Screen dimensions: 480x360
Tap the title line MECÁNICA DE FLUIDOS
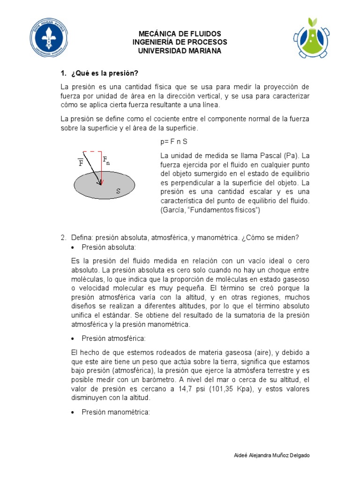[x=180, y=34]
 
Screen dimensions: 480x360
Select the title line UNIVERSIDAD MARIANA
[x=180, y=51]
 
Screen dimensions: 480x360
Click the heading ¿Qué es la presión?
[x=105, y=74]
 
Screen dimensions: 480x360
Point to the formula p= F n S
[x=174, y=141]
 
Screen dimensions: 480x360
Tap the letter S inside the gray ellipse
[x=118, y=191]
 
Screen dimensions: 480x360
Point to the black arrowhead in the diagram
[x=99, y=182]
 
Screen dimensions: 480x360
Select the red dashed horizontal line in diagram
[x=92, y=151]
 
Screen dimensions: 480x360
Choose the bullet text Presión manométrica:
[x=115, y=412]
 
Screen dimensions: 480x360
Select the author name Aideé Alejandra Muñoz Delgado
[x=271, y=456]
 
